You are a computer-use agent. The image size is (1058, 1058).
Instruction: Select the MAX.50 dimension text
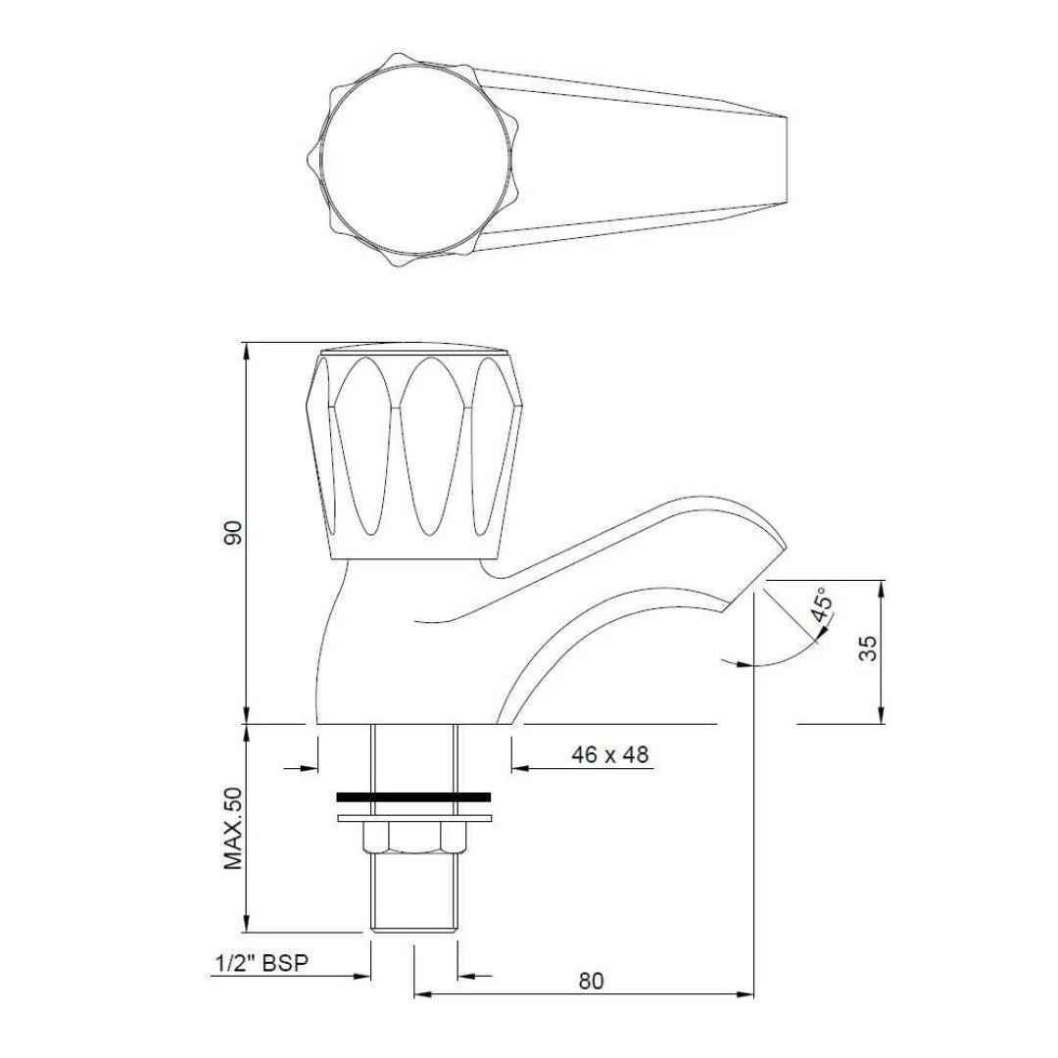232,828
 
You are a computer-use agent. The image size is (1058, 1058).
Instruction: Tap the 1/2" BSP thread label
262,963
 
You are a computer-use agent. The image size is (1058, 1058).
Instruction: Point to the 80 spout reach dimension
591,981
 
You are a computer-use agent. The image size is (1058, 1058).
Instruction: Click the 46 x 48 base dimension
609,754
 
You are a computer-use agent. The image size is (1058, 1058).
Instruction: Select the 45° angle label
822,606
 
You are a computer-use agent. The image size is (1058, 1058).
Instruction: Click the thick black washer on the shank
412,797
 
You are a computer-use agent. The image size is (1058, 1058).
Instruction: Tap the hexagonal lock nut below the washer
412,838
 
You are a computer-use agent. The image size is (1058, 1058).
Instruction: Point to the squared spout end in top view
786,160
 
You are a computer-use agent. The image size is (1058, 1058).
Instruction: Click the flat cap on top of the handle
412,349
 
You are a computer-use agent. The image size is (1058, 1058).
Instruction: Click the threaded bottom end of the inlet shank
412,911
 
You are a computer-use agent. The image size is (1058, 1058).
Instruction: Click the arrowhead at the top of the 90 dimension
245,350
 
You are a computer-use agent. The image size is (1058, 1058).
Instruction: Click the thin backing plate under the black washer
412,817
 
